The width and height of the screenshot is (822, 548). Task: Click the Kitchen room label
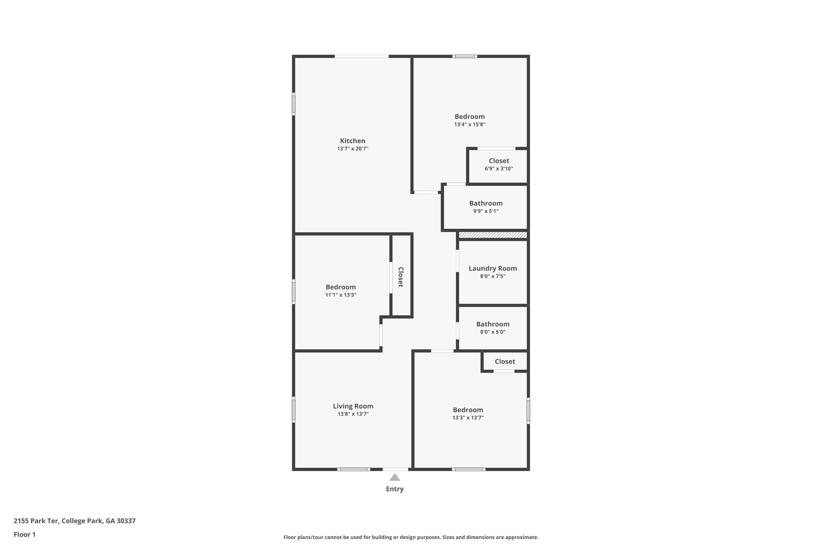click(x=352, y=141)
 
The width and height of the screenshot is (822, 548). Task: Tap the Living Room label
click(x=353, y=406)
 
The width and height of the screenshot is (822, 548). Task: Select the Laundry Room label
click(x=492, y=269)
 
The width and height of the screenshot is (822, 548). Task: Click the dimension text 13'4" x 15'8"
click(x=470, y=124)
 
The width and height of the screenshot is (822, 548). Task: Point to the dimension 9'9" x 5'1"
click(x=486, y=211)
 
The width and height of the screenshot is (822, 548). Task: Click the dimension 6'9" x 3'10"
click(x=498, y=169)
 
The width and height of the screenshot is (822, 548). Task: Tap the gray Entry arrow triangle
click(x=395, y=477)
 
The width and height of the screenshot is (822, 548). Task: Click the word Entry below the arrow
click(x=395, y=489)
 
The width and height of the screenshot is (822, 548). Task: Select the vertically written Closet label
click(x=401, y=277)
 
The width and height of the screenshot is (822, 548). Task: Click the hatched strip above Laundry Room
click(x=492, y=235)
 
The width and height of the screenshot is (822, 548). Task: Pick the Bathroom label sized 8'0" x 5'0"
click(x=492, y=324)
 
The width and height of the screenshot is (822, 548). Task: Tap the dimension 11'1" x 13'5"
click(x=340, y=295)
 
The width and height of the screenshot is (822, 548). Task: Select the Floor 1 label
click(x=24, y=535)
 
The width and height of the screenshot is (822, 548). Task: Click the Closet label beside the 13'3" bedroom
click(x=505, y=362)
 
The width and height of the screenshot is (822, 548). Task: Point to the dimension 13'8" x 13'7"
click(x=353, y=414)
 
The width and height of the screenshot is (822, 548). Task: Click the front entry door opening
click(x=395, y=469)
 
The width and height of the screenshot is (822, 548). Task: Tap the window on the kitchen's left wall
click(x=293, y=104)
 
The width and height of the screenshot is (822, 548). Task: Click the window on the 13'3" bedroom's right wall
click(x=528, y=411)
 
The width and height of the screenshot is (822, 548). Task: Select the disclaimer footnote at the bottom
click(x=411, y=537)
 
